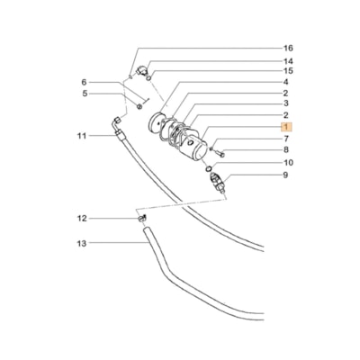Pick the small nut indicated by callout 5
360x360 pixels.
click(x=142, y=105)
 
